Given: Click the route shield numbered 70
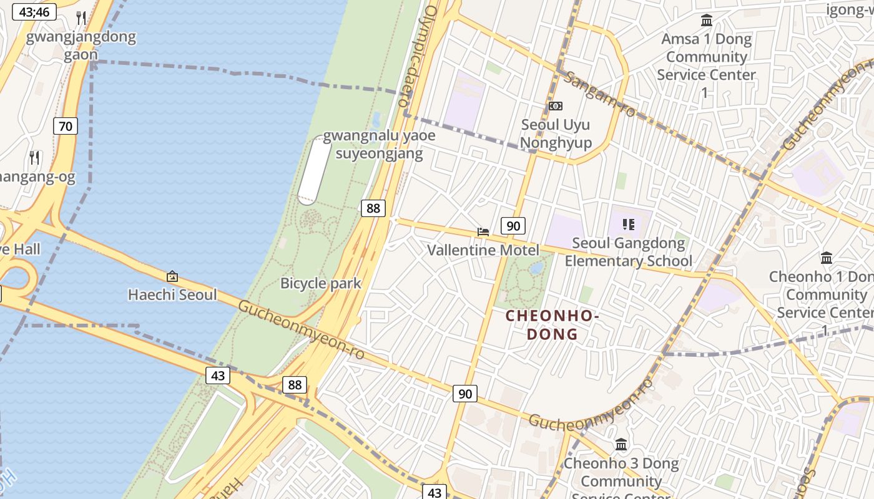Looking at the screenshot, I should pos(65,126).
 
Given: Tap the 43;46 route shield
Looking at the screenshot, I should pos(34,12).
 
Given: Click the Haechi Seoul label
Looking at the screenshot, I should pos(172,294).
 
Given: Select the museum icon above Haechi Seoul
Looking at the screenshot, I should pos(172,276).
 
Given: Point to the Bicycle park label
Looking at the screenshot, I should pos(320,283).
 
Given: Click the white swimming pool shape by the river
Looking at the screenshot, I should pos(313,170).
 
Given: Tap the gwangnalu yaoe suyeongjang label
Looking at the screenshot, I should pos(379,144).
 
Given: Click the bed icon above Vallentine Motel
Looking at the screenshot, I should pos(483,232).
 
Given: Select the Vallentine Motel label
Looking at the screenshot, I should pos(483,250).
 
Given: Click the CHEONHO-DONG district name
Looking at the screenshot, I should pos(552,324).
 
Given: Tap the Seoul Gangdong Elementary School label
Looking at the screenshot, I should pos(628,251).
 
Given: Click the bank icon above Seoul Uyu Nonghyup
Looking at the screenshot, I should pos(555,106).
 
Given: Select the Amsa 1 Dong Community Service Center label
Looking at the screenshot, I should pos(706,65).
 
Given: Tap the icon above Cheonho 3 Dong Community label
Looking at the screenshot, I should pos(621,445).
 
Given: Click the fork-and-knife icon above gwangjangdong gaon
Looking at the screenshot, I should pos(81,17).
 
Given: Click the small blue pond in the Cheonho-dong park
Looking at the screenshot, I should pos(536,268).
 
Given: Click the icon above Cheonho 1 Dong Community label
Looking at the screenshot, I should pos(827,258).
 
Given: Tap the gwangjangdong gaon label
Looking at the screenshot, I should pos(81,45).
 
